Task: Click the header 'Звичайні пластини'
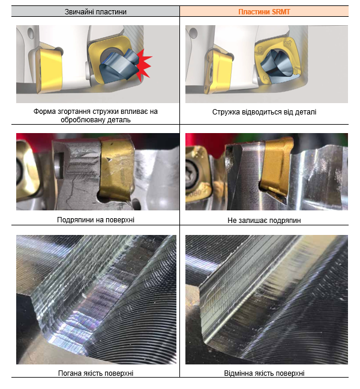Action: point(95,11)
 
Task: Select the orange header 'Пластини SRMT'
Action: point(264,11)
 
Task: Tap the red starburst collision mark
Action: point(144,65)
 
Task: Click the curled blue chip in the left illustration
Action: point(119,68)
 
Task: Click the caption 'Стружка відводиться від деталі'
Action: point(264,112)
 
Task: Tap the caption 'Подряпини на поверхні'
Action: point(95,220)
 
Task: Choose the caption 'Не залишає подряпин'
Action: point(264,221)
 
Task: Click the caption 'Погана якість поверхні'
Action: point(95,373)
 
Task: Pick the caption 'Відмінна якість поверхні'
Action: point(264,373)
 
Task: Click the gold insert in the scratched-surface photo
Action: point(116,171)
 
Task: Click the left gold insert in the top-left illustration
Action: point(49,71)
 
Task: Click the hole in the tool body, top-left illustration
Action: point(31,33)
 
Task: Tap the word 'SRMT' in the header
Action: point(281,11)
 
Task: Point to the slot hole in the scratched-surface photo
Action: point(59,165)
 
